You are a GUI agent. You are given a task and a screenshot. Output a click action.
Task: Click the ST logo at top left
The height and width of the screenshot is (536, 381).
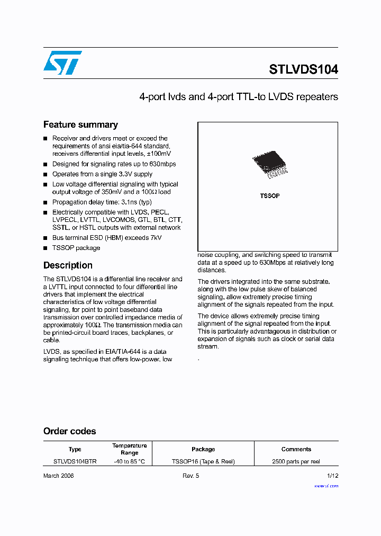(x=62, y=62)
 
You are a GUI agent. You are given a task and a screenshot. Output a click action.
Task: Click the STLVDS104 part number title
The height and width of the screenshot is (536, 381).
(x=303, y=69)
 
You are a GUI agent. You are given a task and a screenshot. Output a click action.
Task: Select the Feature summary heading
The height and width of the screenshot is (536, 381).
(x=80, y=125)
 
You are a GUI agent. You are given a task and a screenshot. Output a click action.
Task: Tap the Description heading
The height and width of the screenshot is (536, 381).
(x=68, y=265)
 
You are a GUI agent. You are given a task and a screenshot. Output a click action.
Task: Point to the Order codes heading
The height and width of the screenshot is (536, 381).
(x=70, y=431)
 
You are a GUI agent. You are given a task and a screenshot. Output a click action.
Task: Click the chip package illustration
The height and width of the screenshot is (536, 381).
(x=269, y=165)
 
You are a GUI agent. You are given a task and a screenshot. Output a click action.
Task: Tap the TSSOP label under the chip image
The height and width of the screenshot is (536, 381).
(x=269, y=196)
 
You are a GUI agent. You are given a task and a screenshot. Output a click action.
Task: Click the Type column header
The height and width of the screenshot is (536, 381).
(x=75, y=449)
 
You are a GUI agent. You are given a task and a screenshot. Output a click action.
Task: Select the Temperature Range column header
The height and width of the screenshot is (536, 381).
(x=129, y=449)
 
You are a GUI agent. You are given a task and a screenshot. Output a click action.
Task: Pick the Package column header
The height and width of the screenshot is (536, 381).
(x=203, y=449)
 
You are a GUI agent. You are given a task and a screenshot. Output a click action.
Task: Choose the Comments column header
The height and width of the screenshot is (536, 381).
(x=296, y=449)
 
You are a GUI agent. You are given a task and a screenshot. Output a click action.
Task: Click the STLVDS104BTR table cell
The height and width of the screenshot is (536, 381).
(x=75, y=461)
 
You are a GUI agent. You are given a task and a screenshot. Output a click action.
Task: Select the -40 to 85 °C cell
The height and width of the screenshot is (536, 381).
(x=129, y=461)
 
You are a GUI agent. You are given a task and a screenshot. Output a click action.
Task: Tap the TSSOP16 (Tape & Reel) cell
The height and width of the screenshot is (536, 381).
(x=203, y=461)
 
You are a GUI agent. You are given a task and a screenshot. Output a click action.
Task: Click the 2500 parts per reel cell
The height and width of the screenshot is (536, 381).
(x=296, y=461)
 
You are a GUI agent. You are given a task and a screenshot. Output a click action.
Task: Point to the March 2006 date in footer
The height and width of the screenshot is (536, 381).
(x=58, y=476)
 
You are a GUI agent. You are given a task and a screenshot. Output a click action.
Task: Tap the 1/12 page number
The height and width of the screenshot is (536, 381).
(x=332, y=476)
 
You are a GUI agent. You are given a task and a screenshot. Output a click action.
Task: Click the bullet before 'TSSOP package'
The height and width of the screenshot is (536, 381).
(x=46, y=248)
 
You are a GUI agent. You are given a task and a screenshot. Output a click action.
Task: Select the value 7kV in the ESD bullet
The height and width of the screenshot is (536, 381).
(x=155, y=238)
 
